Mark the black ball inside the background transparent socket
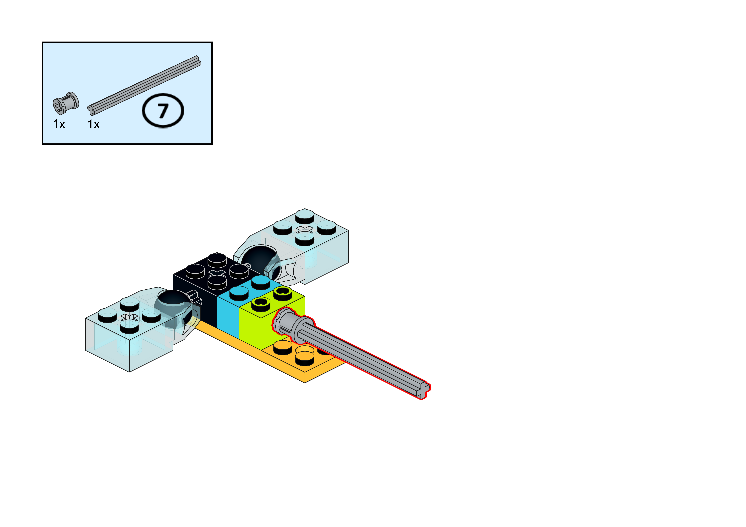258,257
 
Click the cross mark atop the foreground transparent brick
129,317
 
